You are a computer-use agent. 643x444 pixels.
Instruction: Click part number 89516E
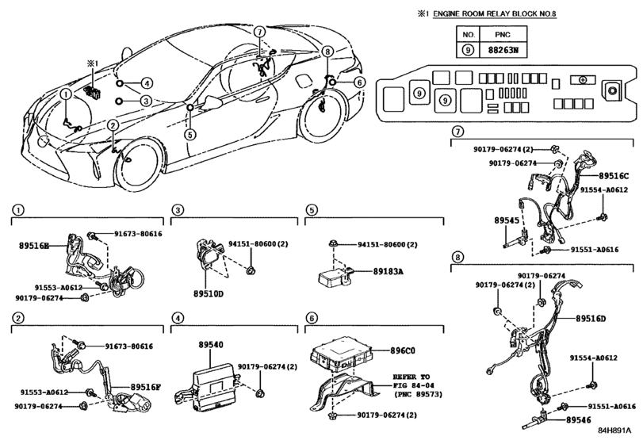34,247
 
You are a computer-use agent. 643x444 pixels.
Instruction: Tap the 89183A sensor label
388,271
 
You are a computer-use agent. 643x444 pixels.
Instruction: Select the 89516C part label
614,175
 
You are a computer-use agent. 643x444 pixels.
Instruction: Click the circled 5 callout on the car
190,134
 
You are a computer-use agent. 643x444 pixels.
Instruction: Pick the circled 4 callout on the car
147,82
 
